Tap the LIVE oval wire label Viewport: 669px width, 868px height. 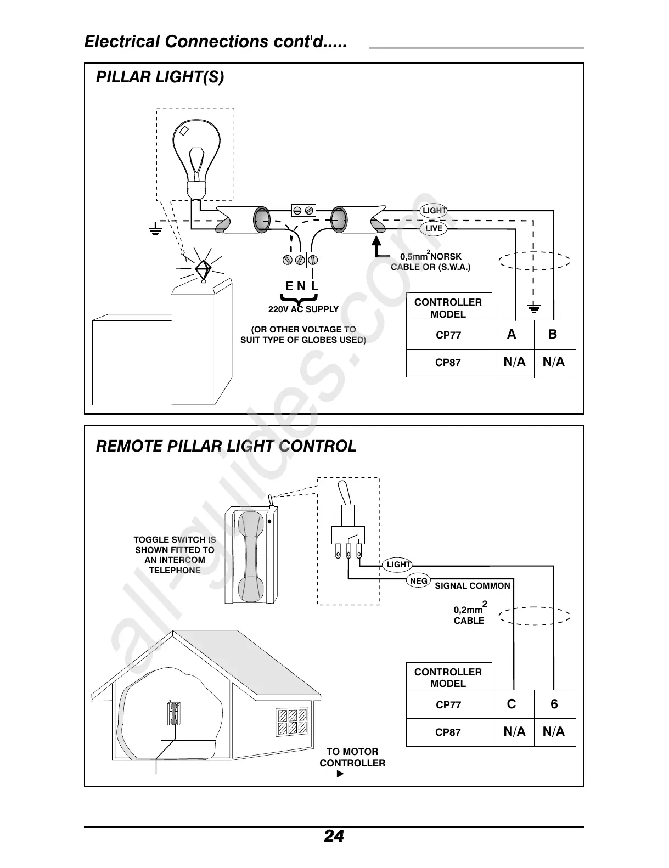point(434,228)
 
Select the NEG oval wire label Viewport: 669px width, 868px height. point(419,581)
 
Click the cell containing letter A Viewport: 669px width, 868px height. point(512,334)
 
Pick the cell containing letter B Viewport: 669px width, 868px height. point(553,334)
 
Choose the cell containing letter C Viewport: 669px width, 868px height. point(512,704)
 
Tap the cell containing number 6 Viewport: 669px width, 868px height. point(554,704)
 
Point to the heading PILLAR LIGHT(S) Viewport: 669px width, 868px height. point(160,77)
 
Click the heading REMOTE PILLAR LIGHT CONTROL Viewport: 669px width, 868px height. point(226,446)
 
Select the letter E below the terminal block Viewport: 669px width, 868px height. point(289,286)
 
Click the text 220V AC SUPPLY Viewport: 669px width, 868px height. point(303,309)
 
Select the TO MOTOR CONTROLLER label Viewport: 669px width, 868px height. point(352,757)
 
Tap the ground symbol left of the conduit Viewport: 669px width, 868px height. point(155,230)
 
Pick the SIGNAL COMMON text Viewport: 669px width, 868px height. point(473,586)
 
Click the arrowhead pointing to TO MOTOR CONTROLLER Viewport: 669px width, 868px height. point(340,774)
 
